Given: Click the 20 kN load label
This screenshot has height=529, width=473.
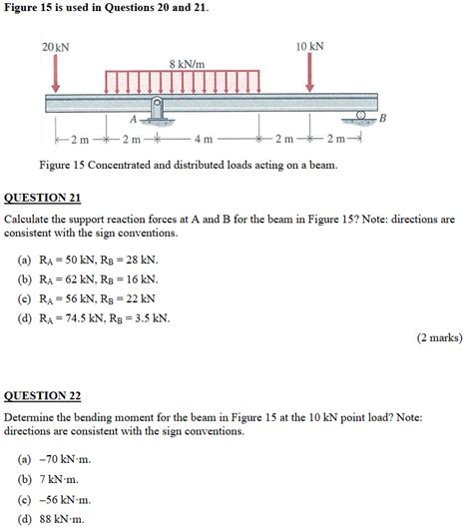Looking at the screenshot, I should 57,48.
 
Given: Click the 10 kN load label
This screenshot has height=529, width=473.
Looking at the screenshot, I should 310,47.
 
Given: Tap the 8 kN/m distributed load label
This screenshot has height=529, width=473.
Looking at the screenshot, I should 186,63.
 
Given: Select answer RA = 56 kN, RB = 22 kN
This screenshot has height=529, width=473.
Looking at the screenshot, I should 96,298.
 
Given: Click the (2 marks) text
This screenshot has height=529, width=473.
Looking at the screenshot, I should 439,337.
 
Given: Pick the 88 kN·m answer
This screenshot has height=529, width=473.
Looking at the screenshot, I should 62,519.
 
